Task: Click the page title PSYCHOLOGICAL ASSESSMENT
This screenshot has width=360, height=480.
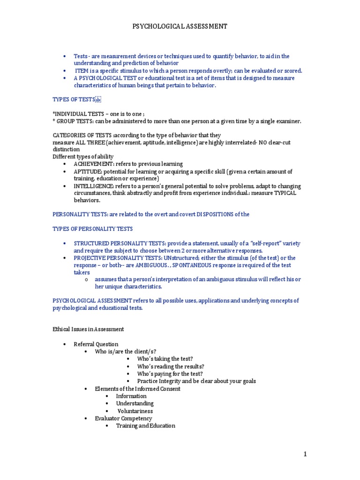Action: click(180, 27)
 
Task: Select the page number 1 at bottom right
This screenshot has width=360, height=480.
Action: click(305, 454)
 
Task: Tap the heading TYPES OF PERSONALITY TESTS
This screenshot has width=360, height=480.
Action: click(92, 229)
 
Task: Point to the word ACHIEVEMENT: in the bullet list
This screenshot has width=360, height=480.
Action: click(93, 164)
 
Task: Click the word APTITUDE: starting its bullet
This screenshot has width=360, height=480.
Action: click(89, 172)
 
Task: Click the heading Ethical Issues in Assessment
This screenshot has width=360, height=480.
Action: click(88, 330)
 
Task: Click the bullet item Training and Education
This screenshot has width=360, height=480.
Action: click(145, 426)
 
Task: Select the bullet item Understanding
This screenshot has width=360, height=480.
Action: click(135, 403)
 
